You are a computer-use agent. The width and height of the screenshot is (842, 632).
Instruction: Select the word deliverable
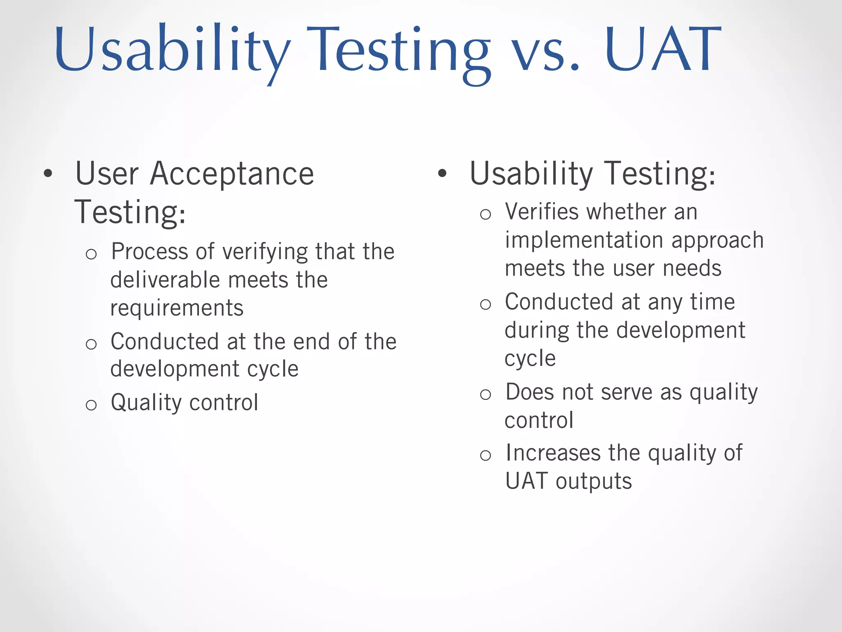[x=167, y=280]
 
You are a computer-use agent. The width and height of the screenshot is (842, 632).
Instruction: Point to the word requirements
[x=177, y=309]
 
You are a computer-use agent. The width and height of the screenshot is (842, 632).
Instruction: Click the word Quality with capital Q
[x=146, y=403]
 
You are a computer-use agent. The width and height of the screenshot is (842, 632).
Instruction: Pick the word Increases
[x=553, y=453]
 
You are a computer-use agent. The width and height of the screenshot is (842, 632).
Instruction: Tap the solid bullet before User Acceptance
[x=48, y=174]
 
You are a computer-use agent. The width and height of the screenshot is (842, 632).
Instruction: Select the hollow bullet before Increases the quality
[x=486, y=455]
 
